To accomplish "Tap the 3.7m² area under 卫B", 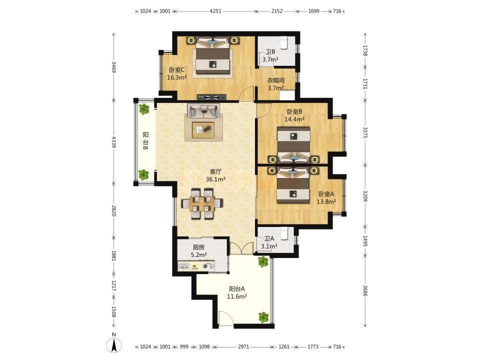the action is tap(270, 59).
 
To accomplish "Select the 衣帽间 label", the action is tap(276, 80).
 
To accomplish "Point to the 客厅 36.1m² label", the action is tap(215, 175).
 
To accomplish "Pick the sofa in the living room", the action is tap(203, 111).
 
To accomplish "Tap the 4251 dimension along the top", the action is tap(215, 11).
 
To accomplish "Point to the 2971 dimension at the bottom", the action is tap(243, 347).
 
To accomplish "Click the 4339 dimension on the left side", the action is tap(113, 142).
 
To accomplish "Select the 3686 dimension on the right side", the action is tap(364, 290).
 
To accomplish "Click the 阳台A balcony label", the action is tap(237, 288).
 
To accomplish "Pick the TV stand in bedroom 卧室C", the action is tap(211, 97).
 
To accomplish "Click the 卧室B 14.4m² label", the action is tap(294, 115).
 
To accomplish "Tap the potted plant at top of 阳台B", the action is tap(143, 108).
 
